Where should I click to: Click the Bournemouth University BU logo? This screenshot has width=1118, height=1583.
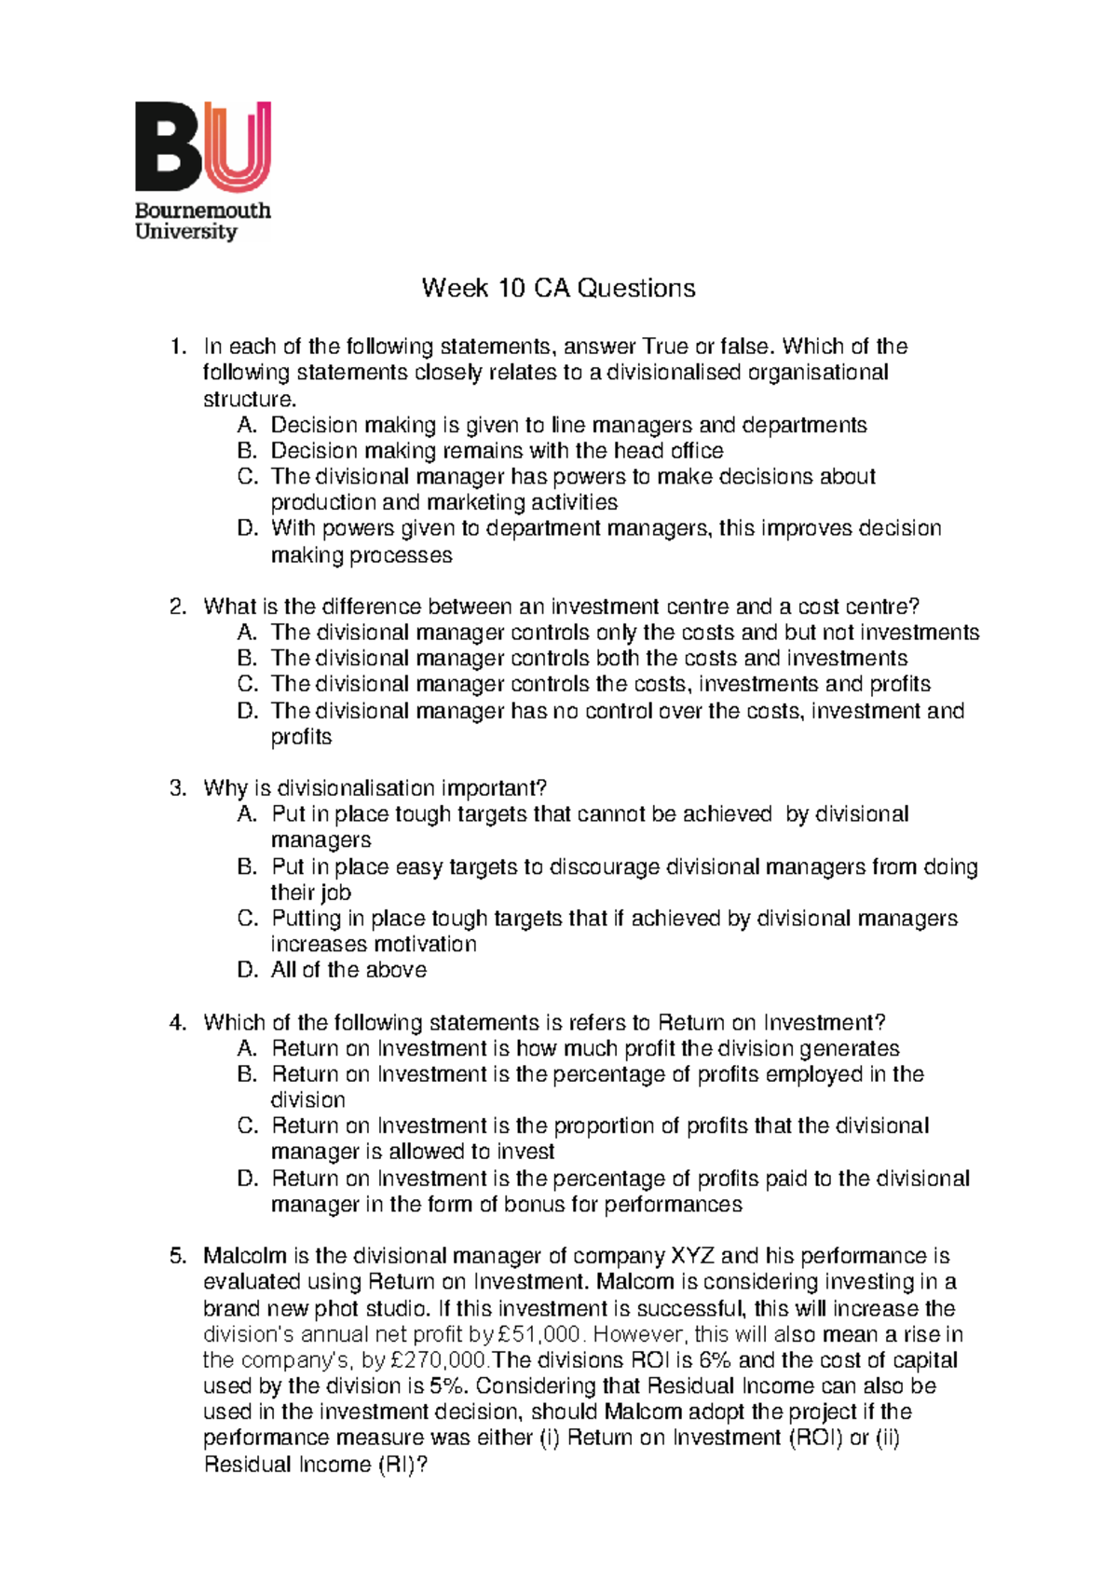(x=202, y=171)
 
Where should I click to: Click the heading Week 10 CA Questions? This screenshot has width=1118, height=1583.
(x=558, y=288)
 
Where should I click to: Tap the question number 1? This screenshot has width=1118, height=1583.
(x=177, y=347)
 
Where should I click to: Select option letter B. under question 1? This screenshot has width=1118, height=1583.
(x=246, y=451)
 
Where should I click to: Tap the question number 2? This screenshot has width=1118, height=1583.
(x=177, y=607)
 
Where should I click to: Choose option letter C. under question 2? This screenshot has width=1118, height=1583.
(x=246, y=684)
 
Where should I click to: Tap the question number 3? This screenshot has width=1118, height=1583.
(x=177, y=788)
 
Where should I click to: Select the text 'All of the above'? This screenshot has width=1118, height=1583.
(x=348, y=970)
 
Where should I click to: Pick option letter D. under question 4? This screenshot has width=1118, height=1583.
(x=246, y=1179)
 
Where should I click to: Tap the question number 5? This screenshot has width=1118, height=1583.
(x=177, y=1256)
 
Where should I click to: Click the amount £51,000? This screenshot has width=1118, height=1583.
(x=538, y=1334)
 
